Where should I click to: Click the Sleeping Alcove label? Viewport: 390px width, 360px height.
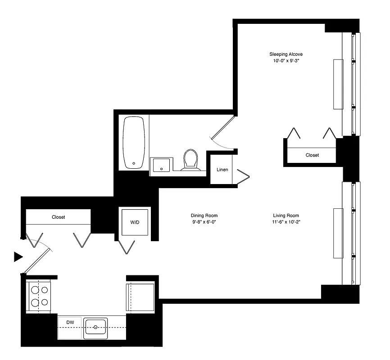[286, 54]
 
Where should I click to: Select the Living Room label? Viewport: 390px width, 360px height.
[286, 215]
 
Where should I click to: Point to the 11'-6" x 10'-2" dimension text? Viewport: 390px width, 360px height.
[286, 222]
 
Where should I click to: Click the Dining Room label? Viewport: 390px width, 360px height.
[204, 215]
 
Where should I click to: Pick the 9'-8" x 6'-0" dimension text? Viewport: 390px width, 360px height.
[204, 222]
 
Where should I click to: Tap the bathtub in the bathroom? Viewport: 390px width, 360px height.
[134, 142]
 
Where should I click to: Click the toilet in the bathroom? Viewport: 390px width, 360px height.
[190, 160]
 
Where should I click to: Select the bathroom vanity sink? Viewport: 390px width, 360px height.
[161, 165]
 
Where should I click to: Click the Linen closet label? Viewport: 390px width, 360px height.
[222, 170]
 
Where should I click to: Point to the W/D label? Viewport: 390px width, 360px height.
[135, 221]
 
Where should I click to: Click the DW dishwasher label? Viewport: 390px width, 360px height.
[69, 322]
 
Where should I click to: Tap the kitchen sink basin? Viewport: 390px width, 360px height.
[95, 327]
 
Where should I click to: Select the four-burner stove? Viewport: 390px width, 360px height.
[39, 296]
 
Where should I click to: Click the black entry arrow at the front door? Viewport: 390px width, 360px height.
[18, 257]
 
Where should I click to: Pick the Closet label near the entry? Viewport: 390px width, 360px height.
[58, 217]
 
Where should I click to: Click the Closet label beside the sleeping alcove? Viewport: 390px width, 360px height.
[312, 155]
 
